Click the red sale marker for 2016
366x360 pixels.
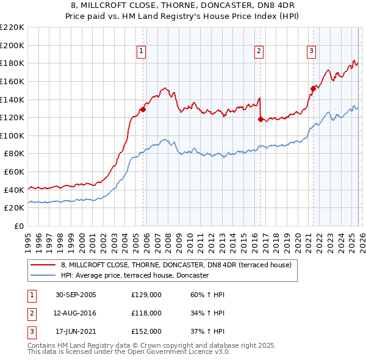click(260, 120)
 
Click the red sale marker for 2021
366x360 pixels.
click(313, 88)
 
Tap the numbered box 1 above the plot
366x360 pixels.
click(141, 52)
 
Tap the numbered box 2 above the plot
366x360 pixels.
click(259, 52)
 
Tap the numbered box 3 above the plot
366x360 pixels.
click(311, 52)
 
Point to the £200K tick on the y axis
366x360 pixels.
click(12, 45)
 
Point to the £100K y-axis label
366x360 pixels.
click(12, 135)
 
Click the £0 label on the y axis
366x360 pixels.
click(18, 226)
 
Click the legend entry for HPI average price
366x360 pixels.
click(135, 275)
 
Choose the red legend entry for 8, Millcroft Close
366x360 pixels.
click(176, 265)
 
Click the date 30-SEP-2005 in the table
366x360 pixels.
click(76, 295)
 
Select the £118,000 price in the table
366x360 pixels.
click(146, 313)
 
